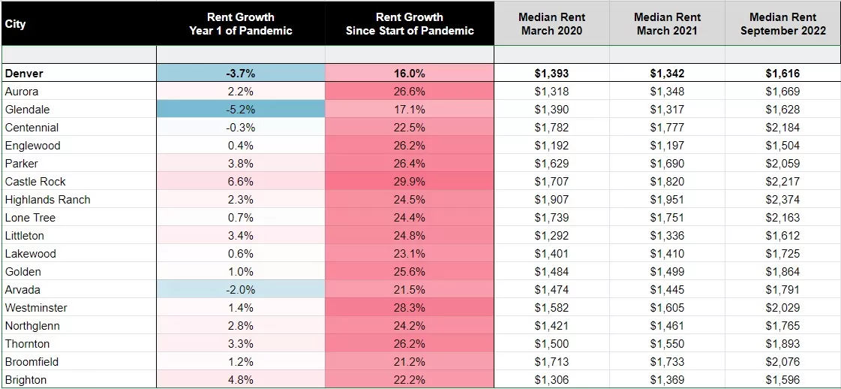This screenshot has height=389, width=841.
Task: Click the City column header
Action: pos(16,23)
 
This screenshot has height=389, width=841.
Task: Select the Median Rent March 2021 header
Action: pos(667,23)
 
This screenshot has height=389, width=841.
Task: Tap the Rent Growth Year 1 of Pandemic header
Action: pos(240,23)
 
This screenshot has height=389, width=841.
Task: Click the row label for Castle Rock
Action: pos(35,182)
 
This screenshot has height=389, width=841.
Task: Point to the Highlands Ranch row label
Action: pos(47,200)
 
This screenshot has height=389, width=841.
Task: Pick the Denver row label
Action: pos(24,74)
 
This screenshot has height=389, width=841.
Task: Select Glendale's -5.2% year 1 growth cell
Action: pos(240,110)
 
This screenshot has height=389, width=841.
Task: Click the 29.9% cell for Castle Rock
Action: pos(410,182)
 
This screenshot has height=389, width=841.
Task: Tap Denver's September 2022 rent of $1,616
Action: pos(782,74)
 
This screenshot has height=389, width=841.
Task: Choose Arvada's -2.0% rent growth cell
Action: pos(240,290)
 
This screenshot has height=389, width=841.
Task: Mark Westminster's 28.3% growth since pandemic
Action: pos(410,308)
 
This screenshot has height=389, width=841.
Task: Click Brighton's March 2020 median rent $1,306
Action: pos(551,380)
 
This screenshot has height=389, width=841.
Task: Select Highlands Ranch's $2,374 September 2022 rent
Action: pos(782,200)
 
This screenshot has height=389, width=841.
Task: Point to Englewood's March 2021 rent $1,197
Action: pos(667,146)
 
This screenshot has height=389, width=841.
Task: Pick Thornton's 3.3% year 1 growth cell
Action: pos(240,344)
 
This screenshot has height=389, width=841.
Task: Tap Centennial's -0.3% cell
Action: pos(240,128)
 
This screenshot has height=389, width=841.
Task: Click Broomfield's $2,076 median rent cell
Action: pos(782,362)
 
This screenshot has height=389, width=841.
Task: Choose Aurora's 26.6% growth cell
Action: pos(410,92)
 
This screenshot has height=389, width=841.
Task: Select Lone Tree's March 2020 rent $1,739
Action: pos(551,218)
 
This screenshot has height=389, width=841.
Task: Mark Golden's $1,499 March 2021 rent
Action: pos(667,272)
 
